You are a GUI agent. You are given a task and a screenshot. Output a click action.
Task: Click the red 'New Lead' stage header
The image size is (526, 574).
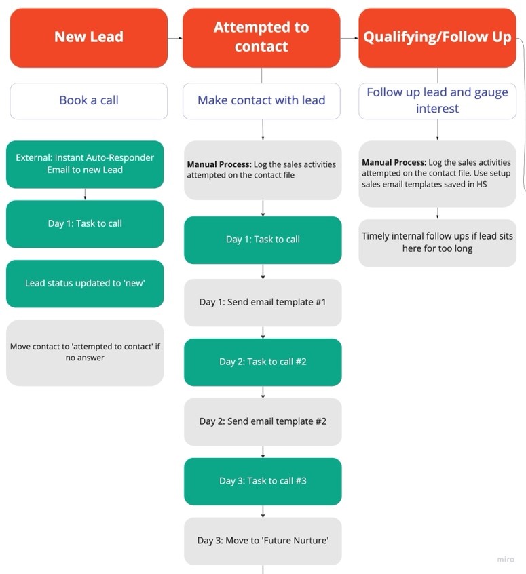pyautogui.click(x=88, y=37)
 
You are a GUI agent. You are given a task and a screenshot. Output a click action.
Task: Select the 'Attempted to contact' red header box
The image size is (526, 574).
pyautogui.click(x=261, y=37)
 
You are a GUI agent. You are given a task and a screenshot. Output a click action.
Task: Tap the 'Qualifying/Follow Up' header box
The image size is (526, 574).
pyautogui.click(x=437, y=37)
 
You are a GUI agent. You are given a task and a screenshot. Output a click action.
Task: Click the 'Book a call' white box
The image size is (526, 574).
pyautogui.click(x=88, y=100)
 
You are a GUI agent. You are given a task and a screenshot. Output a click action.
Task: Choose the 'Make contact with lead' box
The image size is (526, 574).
pyautogui.click(x=261, y=100)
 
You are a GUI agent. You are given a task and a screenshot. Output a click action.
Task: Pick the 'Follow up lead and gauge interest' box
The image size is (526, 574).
pyautogui.click(x=437, y=100)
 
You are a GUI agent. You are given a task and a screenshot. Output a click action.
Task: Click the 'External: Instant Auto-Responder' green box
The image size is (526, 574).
pyautogui.click(x=85, y=164)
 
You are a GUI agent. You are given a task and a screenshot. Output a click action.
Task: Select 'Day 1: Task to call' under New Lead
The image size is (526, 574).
pyautogui.click(x=85, y=223)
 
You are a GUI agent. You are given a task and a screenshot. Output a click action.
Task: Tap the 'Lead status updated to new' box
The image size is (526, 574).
pyautogui.click(x=85, y=283)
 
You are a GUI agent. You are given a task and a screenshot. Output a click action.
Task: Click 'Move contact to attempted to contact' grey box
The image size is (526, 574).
pyautogui.click(x=85, y=351)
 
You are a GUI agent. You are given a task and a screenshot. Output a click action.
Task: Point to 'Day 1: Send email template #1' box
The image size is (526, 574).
pyautogui.click(x=263, y=302)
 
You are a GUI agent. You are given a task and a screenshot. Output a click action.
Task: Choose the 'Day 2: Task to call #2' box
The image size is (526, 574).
pyautogui.click(x=263, y=362)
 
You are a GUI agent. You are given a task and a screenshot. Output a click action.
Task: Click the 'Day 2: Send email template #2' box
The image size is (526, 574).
pyautogui.click(x=263, y=421)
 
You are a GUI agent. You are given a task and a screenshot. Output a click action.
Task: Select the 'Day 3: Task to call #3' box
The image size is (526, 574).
pyautogui.click(x=263, y=481)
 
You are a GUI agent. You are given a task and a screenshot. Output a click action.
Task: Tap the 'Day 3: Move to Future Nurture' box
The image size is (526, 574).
pyautogui.click(x=263, y=541)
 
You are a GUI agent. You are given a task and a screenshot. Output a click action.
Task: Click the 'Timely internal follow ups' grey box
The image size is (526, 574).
pyautogui.click(x=437, y=242)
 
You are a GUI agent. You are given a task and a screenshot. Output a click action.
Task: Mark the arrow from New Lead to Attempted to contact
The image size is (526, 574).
pyautogui.click(x=175, y=38)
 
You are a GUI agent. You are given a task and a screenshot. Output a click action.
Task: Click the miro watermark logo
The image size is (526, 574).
pyautogui.click(x=505, y=560)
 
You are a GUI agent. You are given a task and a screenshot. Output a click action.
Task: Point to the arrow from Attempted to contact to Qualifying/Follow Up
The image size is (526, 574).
pyautogui.click(x=350, y=38)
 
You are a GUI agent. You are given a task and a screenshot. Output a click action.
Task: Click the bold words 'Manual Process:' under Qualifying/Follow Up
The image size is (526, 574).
pyautogui.click(x=394, y=163)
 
